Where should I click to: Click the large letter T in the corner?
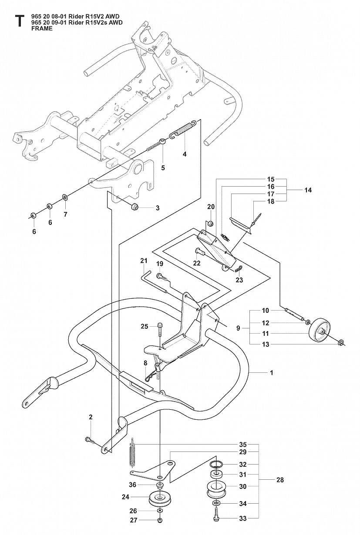click(x=18, y=21)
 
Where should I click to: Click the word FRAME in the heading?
click(x=42, y=28)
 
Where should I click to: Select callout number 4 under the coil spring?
click(x=185, y=154)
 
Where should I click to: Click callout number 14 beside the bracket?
click(x=308, y=190)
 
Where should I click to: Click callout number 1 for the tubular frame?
click(x=271, y=373)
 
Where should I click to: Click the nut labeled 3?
click(x=134, y=207)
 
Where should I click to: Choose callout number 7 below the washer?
click(x=65, y=214)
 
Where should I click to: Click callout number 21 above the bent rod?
click(x=144, y=261)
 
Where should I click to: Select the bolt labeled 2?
click(x=89, y=440)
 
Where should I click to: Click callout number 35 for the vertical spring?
click(x=243, y=445)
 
